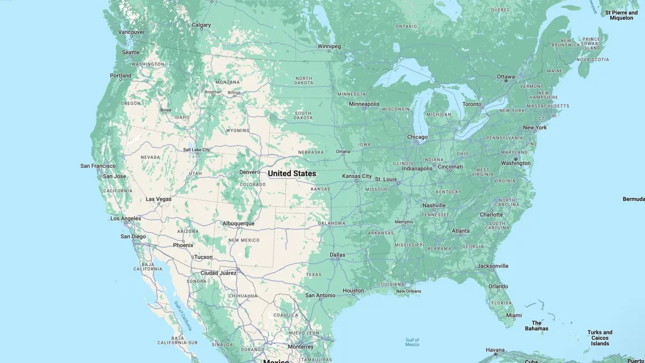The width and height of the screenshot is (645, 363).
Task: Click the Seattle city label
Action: [x=131, y=52]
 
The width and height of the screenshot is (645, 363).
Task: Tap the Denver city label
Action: [x=248, y=172]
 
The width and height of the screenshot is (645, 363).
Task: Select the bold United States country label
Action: [x=292, y=174]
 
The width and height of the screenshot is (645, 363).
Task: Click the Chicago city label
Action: [x=417, y=137]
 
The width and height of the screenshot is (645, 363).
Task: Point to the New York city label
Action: [x=535, y=127]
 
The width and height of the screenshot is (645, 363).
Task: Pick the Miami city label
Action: [x=514, y=315]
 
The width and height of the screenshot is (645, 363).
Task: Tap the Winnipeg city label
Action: [x=329, y=46]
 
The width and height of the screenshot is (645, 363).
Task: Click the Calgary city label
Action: [x=201, y=25]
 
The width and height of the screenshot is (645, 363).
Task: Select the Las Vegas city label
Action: [x=159, y=199]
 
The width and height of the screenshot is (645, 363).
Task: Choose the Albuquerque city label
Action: [x=238, y=223]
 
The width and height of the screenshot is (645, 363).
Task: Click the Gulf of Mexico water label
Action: [x=412, y=342]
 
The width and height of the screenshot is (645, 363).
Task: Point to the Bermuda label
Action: [x=634, y=199]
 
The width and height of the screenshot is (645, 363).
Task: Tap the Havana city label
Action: [x=495, y=350]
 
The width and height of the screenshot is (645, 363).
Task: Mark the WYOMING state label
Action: [x=238, y=131]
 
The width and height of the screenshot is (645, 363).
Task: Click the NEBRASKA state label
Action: [x=311, y=152]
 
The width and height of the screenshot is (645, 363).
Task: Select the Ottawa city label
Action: [x=505, y=77]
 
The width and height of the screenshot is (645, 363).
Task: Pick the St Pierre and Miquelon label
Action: [x=622, y=15]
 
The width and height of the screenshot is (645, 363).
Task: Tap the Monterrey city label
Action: [x=301, y=346]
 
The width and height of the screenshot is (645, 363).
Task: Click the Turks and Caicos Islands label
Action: [x=600, y=338]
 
